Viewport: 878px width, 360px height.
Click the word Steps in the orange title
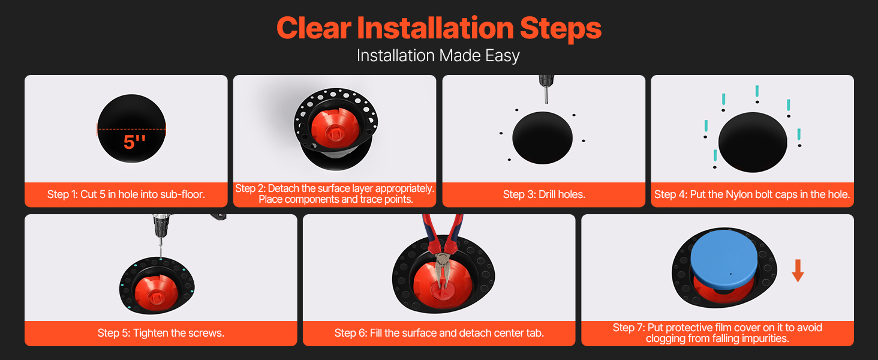[561, 28]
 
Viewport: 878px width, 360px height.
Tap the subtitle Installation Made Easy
[438, 56]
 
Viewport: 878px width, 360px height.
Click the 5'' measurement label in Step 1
[134, 142]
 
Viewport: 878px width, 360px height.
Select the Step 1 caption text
[126, 194]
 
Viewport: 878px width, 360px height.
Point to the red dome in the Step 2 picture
[335, 127]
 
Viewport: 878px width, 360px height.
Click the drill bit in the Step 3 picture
[546, 95]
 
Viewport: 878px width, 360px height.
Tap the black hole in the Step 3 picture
[543, 137]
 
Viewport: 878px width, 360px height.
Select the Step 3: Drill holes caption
[544, 194]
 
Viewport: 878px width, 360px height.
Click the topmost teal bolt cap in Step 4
[757, 91]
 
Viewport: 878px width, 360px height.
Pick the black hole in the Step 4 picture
[753, 142]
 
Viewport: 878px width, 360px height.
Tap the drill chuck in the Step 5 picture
[160, 226]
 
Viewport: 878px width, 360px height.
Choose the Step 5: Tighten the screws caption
[161, 333]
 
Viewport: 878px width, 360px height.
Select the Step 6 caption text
[439, 333]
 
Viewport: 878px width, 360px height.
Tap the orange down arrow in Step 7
[798, 271]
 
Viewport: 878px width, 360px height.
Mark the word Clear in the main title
[314, 28]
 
